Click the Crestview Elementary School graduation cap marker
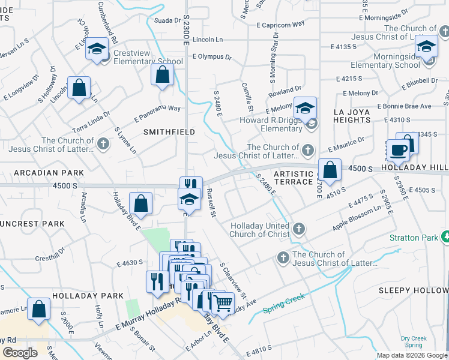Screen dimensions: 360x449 coord(96,50)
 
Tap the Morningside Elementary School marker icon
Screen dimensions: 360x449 coord(426,47)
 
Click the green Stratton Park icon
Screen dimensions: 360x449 coord(445,238)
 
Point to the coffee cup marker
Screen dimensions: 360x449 coord(397,149)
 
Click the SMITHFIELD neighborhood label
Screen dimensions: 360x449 coord(160,130)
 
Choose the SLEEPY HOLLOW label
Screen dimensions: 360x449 coord(413,290)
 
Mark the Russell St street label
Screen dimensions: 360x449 coord(211,204)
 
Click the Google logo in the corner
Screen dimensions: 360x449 coord(20,353)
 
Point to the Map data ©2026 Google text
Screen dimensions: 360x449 coord(411,355)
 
